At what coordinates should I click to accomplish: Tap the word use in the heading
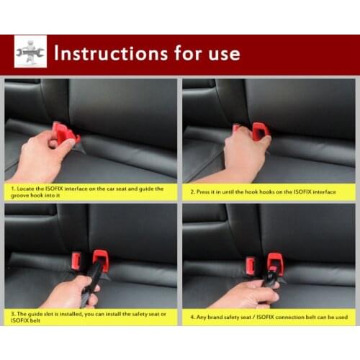point(222,53)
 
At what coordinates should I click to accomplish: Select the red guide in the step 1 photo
point(65,134)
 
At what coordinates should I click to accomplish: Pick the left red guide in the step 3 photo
point(76,261)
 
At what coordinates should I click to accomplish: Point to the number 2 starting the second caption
point(192,191)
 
